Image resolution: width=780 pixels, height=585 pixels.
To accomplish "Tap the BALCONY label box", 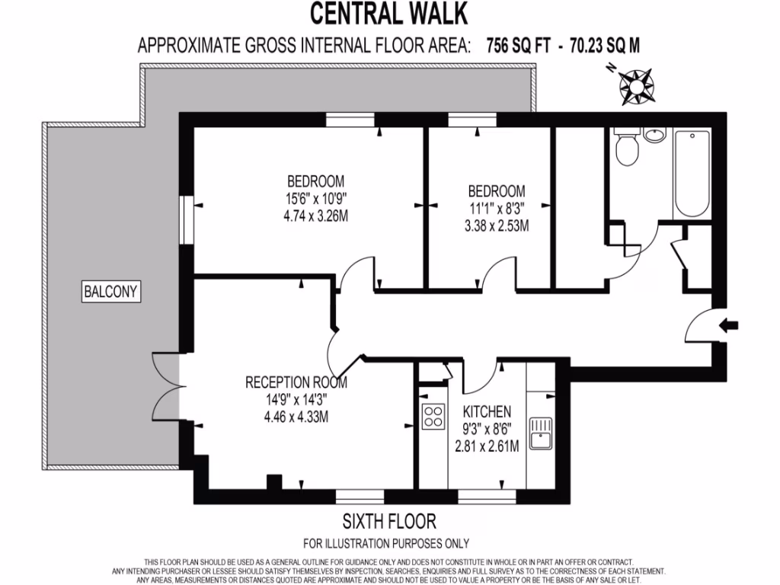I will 113,290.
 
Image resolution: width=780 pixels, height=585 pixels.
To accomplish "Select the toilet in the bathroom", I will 628,148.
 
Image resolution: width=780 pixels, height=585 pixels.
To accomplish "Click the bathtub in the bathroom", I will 692,174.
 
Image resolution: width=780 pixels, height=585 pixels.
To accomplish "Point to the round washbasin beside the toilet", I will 654,136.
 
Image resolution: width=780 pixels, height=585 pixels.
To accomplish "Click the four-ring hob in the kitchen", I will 433,417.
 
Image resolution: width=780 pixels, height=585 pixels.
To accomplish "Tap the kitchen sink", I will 542,432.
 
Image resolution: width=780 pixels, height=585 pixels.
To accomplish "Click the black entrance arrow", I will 728,325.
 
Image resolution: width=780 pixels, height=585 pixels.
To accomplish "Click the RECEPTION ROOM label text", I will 296,382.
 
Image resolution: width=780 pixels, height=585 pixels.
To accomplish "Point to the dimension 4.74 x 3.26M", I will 315,216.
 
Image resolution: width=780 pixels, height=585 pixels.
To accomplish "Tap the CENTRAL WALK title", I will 388,14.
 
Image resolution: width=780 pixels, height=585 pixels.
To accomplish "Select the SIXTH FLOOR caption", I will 389,522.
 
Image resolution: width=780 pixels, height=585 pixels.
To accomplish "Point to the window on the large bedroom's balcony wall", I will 185,220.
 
